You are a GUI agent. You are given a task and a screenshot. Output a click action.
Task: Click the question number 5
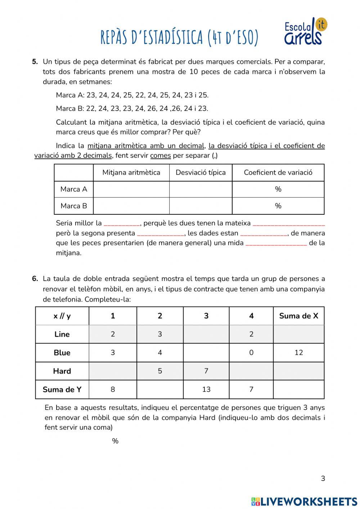pyautogui.click(x=35, y=62)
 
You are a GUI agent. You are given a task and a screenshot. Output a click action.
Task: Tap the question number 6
pyautogui.click(x=35, y=278)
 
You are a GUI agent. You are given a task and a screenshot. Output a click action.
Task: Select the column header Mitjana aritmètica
pyautogui.click(x=131, y=173)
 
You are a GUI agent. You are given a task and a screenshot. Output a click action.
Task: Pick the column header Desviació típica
pyautogui.click(x=201, y=173)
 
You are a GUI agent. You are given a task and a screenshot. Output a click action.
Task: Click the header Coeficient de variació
pyautogui.click(x=278, y=173)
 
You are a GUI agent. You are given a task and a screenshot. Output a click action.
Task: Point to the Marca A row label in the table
pyautogui.click(x=74, y=189)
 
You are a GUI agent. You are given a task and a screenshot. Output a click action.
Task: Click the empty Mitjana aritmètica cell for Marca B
pyautogui.click(x=131, y=206)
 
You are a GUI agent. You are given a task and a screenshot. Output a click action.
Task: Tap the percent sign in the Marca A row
pyautogui.click(x=278, y=189)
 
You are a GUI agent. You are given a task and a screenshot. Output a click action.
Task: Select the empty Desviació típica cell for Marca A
pyautogui.click(x=201, y=189)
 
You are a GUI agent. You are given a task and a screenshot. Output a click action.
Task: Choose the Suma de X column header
pyautogui.click(x=298, y=316)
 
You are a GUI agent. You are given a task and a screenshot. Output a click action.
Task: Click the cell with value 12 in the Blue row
pyautogui.click(x=298, y=353)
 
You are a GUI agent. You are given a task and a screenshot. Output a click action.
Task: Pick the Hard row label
pyautogui.click(x=62, y=371)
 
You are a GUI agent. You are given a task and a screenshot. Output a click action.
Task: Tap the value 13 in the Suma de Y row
pyautogui.click(x=206, y=389)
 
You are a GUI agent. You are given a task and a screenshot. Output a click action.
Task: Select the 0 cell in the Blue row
pyautogui.click(x=251, y=353)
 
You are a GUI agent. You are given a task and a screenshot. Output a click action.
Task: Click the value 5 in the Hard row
pyautogui.click(x=160, y=371)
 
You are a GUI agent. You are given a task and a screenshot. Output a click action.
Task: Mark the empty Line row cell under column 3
pyautogui.click(x=206, y=334)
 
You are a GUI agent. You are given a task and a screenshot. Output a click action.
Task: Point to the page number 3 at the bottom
pyautogui.click(x=323, y=478)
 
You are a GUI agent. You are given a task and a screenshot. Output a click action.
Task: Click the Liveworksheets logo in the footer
pyautogui.click(x=304, y=501)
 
